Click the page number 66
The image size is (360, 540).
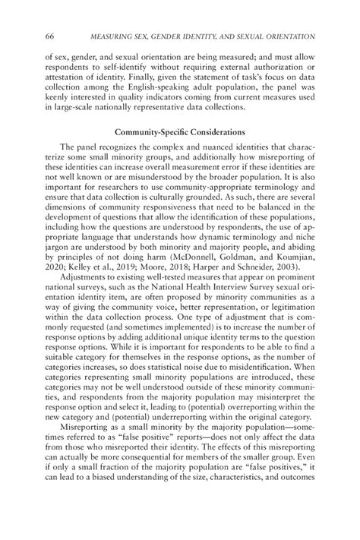[x=49, y=37]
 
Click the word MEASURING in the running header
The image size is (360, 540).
[x=117, y=37]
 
